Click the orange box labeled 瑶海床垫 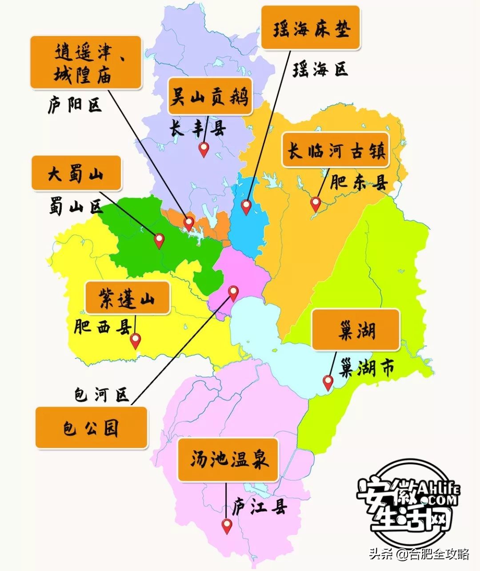310,28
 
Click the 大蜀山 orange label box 76,173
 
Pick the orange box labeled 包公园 91,427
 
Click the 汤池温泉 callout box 228,459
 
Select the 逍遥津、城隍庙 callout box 86,63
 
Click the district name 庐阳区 75,105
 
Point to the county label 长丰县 197,129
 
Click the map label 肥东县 359,182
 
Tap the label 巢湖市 366,368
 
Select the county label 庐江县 260,507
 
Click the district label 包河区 101,394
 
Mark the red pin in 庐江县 227,526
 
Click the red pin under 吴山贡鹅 204,149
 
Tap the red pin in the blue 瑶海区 246,206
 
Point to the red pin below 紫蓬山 135,341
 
